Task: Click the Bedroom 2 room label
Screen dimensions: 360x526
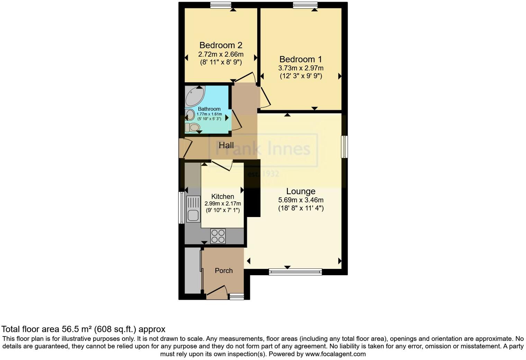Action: pos(221,45)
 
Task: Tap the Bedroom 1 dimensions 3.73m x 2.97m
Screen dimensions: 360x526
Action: pos(301,68)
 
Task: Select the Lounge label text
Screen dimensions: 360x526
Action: pos(301,191)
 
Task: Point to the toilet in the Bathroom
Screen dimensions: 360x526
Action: pos(192,128)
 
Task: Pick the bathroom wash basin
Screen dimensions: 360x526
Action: pos(190,115)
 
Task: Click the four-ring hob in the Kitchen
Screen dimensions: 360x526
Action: pos(218,236)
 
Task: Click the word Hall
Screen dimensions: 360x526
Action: pos(226,145)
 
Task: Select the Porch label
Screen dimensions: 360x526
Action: pos(224,271)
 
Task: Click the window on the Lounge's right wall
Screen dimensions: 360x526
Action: pos(345,147)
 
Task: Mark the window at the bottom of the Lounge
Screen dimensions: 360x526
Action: pos(295,272)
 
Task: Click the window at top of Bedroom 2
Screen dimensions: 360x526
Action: pos(221,4)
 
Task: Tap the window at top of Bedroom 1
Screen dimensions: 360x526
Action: pos(305,4)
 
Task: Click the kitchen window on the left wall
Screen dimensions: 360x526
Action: pos(181,208)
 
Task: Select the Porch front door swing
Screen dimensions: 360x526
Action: pos(217,291)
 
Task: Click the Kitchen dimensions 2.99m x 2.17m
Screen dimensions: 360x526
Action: pos(223,204)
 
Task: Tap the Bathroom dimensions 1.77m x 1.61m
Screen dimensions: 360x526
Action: pos(209,114)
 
